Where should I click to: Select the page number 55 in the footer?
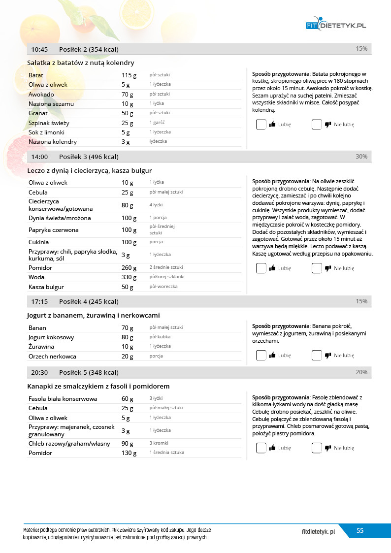point(360,530)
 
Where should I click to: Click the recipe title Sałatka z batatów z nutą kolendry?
point(80,63)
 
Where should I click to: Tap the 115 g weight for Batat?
point(129,75)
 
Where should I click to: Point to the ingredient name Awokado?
point(41,94)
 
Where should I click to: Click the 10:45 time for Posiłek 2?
point(39,49)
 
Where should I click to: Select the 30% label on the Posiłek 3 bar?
point(361,157)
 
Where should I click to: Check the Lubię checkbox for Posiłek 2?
point(261,125)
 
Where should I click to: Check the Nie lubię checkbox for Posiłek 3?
point(317,268)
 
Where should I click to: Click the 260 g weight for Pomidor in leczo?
point(129,268)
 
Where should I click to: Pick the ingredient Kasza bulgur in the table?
point(46,287)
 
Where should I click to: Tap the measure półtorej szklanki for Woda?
point(167,277)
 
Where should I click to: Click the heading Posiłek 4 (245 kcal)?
point(89,301)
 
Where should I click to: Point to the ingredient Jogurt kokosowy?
point(51,337)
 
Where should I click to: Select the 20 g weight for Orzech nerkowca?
point(127,357)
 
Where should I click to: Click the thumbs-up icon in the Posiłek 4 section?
point(272,355)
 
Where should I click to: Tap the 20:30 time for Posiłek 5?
point(39,372)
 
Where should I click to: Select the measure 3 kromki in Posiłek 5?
point(160,443)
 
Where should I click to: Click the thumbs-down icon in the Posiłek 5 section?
point(328,448)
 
